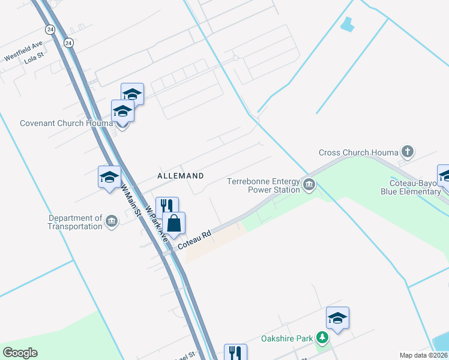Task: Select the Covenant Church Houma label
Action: [66, 123]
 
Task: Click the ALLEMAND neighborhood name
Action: [180, 176]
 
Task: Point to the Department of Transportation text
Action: [75, 222]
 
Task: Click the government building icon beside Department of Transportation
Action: [112, 222]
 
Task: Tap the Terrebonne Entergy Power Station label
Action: [264, 185]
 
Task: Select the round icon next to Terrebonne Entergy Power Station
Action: [309, 184]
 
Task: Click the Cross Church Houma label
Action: [358, 152]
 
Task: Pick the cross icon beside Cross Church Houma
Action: [408, 151]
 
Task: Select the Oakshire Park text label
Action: [287, 338]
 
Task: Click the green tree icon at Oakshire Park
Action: [322, 338]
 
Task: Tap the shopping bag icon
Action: [173, 224]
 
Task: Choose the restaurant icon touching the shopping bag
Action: [166, 206]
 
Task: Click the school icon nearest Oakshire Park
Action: [337, 318]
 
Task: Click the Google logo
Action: [20, 353]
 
